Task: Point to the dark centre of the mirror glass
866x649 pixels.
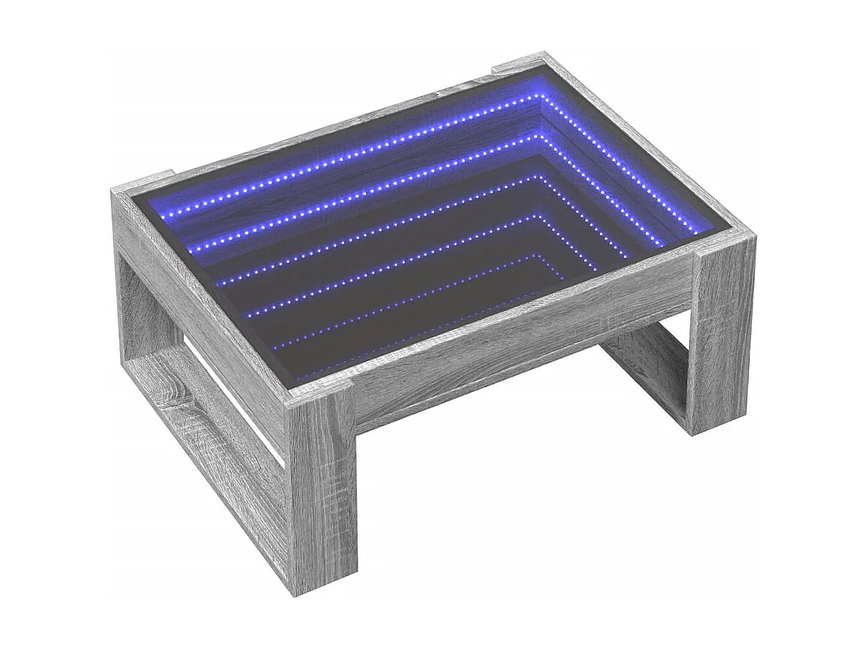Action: click(420, 256)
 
